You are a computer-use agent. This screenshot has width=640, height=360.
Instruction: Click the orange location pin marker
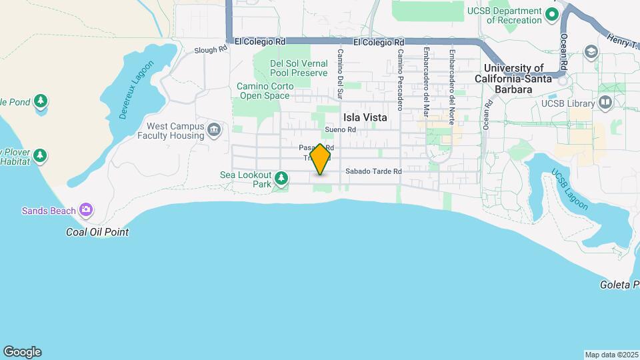tap(321, 159)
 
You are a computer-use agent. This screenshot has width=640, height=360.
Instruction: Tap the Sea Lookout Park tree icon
tap(281, 178)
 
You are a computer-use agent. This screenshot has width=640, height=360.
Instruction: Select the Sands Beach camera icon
tap(85, 210)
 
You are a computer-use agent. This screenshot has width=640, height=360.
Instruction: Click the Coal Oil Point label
tap(97, 232)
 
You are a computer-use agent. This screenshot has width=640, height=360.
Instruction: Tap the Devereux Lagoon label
tap(136, 90)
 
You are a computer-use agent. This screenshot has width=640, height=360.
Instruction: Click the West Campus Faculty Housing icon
tap(214, 129)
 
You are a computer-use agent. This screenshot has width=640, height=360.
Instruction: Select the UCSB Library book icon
tap(605, 103)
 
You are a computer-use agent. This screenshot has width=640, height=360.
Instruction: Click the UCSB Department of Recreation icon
tap(551, 13)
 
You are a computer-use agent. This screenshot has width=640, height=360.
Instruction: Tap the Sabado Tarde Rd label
tap(373, 171)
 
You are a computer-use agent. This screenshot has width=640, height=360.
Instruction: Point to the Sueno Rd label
tap(337, 130)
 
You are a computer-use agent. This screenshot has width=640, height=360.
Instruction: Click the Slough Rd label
tap(211, 50)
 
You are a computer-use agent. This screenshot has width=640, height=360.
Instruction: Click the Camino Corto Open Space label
tap(264, 91)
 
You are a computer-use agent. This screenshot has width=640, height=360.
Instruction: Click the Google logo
tap(22, 352)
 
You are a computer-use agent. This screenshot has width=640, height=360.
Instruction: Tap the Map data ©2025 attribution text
tap(610, 355)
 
